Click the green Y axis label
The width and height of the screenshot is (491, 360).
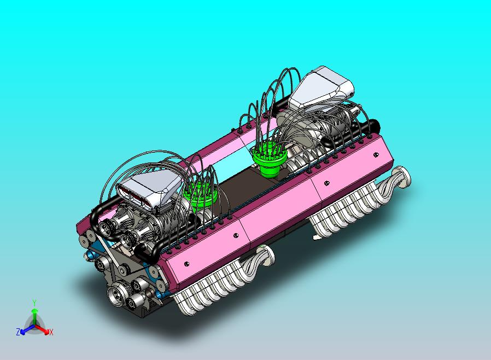34,302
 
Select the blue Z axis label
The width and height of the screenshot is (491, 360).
18,332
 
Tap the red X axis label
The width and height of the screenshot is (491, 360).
51,332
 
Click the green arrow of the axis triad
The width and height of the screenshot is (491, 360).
34,315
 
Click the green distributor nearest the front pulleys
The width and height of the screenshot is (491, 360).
201,195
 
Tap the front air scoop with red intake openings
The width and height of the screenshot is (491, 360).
149,189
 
